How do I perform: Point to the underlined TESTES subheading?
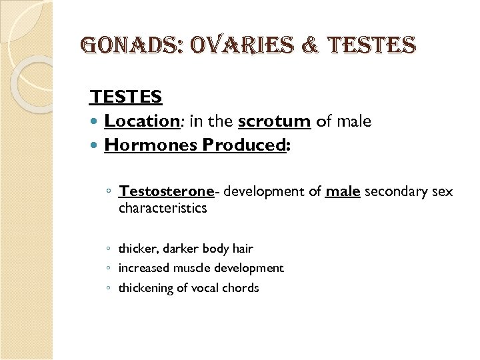pyautogui.click(x=126, y=97)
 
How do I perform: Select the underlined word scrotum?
pyautogui.click(x=274, y=121)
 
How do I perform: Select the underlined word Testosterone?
pyautogui.click(x=166, y=192)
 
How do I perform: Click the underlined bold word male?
pyautogui.click(x=343, y=192)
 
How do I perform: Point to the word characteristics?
pyautogui.click(x=163, y=208)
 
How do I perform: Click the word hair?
pyautogui.click(x=243, y=249)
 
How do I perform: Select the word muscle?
pyautogui.click(x=191, y=268)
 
